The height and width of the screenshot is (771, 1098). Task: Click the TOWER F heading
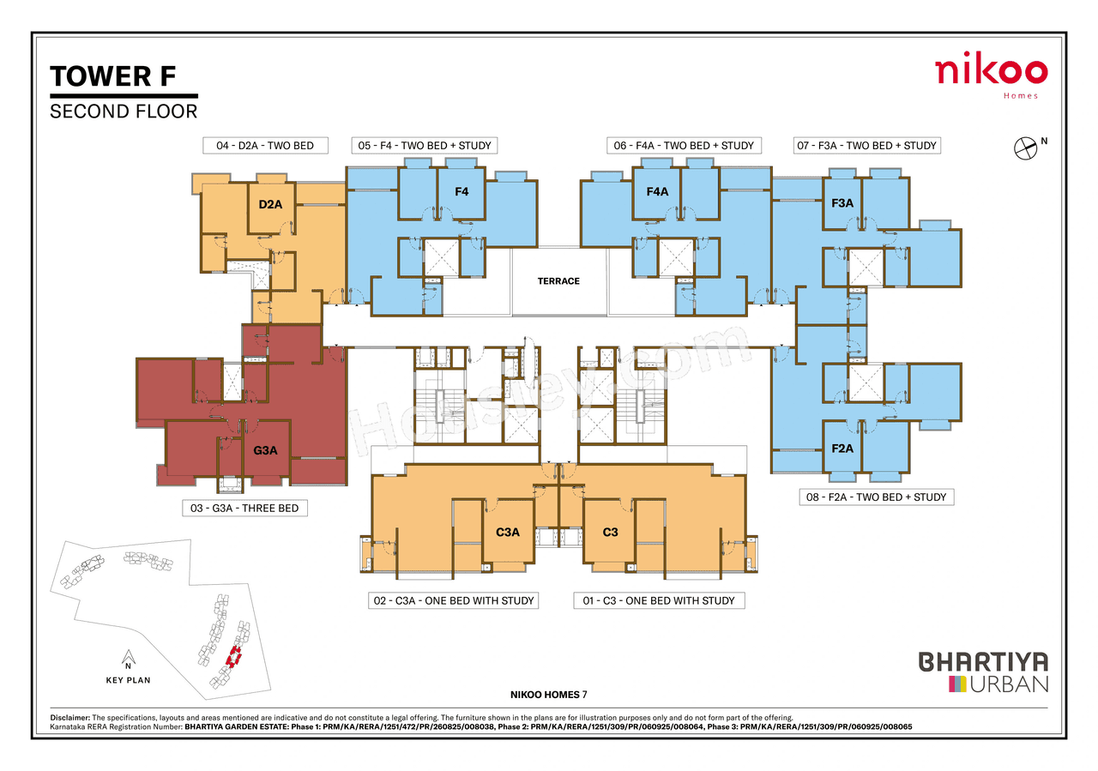(113, 76)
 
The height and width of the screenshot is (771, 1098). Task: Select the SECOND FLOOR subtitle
(124, 111)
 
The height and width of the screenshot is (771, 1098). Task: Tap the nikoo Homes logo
(991, 75)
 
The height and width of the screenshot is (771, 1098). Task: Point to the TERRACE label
(558, 281)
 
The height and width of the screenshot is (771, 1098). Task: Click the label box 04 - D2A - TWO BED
(265, 146)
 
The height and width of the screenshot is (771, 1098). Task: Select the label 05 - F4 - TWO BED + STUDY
(425, 146)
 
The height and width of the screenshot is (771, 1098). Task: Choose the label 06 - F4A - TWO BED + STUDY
(684, 146)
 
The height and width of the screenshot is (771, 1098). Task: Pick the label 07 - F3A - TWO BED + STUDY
(866, 146)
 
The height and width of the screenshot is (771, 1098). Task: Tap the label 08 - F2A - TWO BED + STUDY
(876, 497)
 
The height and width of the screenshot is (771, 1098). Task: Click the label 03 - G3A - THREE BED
(244, 509)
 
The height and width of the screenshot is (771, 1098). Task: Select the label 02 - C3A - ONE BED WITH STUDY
(454, 601)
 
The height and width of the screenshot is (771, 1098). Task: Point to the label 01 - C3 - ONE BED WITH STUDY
(659, 601)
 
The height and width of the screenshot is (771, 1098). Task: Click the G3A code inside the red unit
(265, 450)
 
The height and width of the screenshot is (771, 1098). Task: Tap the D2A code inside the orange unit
(270, 204)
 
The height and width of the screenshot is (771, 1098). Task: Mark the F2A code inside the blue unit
(842, 448)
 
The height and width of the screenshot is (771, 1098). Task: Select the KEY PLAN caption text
(128, 680)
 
